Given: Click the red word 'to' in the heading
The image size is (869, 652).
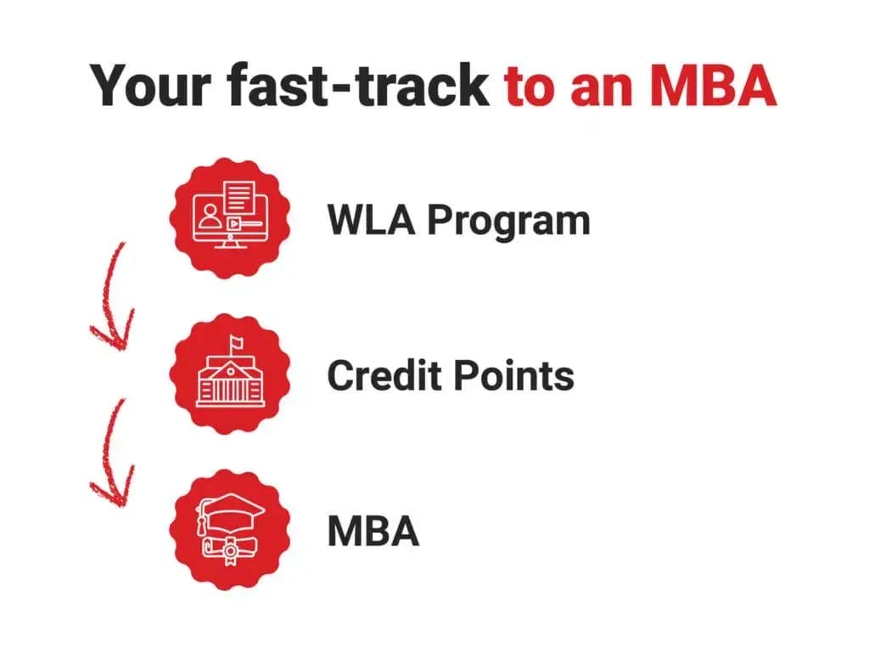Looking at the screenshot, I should [532, 85].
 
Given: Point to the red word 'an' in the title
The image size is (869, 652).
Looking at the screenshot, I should [602, 85].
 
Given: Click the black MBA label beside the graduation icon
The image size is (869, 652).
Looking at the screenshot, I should [373, 531].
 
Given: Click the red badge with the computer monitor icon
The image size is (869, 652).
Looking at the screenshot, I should [230, 216].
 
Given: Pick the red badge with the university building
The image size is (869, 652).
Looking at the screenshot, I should [230, 374].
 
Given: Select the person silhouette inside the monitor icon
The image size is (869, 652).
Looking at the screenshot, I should [209, 219].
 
